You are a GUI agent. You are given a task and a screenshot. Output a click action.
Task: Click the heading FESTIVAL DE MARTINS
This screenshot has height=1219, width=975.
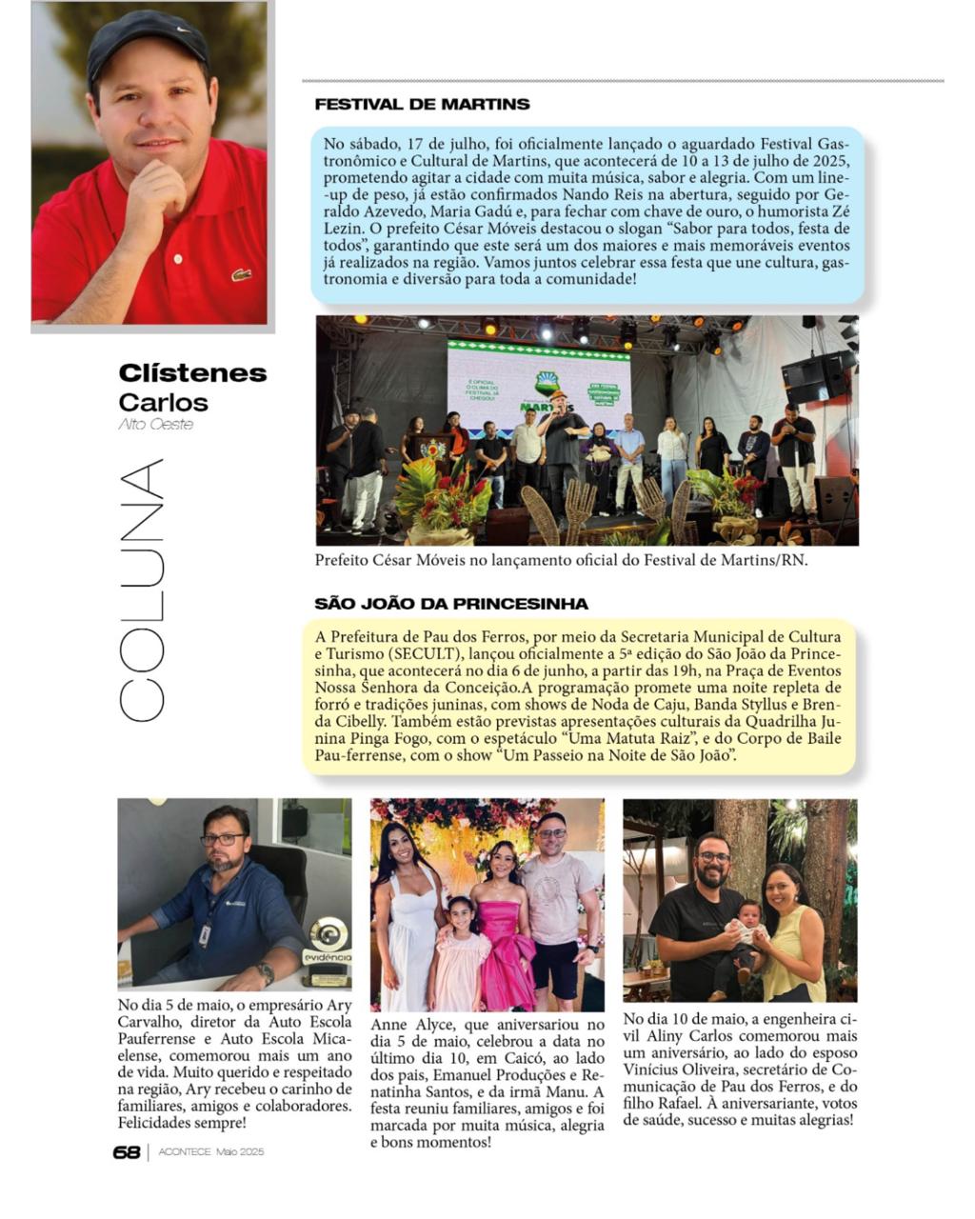422,104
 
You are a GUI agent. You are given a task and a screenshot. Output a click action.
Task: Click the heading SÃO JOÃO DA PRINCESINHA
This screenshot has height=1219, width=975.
451,604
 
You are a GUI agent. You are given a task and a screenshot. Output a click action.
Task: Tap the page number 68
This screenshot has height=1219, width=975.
126,1152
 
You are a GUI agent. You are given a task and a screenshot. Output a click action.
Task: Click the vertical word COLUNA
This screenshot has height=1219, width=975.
141,590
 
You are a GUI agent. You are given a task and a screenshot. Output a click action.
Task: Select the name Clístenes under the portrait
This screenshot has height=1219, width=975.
192,373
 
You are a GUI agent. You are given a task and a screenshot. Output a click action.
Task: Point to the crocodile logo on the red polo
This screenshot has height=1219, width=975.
240,275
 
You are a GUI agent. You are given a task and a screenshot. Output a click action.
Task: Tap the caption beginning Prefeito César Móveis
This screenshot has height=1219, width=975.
561,560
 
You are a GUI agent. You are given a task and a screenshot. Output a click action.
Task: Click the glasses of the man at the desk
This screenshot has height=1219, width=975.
222,839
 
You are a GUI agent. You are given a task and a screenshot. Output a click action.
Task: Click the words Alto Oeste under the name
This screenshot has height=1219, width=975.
155,425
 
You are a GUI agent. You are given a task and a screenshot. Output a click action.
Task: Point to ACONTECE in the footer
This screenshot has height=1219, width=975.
185,1152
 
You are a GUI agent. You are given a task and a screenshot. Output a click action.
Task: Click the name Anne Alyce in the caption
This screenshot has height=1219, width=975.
412,1025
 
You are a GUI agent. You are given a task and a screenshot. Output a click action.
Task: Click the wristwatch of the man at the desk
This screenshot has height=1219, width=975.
266,973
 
